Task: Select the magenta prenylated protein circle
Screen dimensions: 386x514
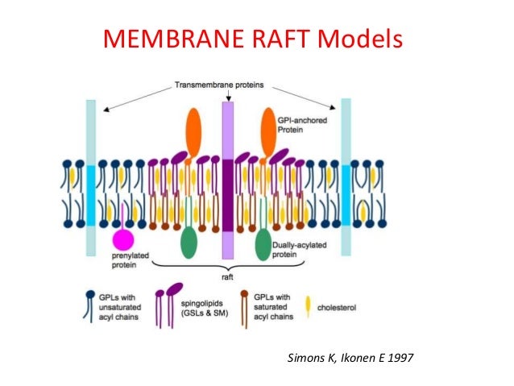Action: pyautogui.click(x=123, y=239)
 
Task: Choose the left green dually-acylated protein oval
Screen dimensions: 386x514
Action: pyautogui.click(x=189, y=243)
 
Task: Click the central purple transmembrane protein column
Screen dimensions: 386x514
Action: pyautogui.click(x=228, y=177)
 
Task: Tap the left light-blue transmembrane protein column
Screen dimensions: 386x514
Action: pyautogui.click(x=91, y=177)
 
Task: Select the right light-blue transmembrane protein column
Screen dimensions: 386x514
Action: pyautogui.click(x=346, y=177)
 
